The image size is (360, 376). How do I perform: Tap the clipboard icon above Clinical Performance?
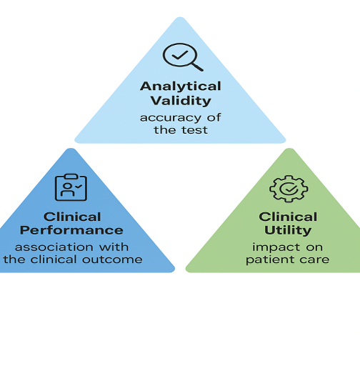pos(71,187)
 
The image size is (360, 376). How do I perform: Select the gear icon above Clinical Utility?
pos(288,189)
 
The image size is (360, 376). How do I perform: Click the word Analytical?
pos(180,86)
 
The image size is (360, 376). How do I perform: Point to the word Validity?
pos(180,101)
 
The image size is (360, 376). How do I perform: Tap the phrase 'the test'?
pos(180,130)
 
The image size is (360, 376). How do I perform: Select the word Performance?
pos(71,230)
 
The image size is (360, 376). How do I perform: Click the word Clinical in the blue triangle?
pos(72,217)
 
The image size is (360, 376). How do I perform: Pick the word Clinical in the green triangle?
pos(288,217)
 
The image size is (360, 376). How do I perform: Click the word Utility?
pos(288,230)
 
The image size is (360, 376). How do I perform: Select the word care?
pos(315,259)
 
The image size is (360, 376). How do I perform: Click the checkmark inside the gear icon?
pos(288,189)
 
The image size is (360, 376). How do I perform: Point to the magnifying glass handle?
pos(196,66)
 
